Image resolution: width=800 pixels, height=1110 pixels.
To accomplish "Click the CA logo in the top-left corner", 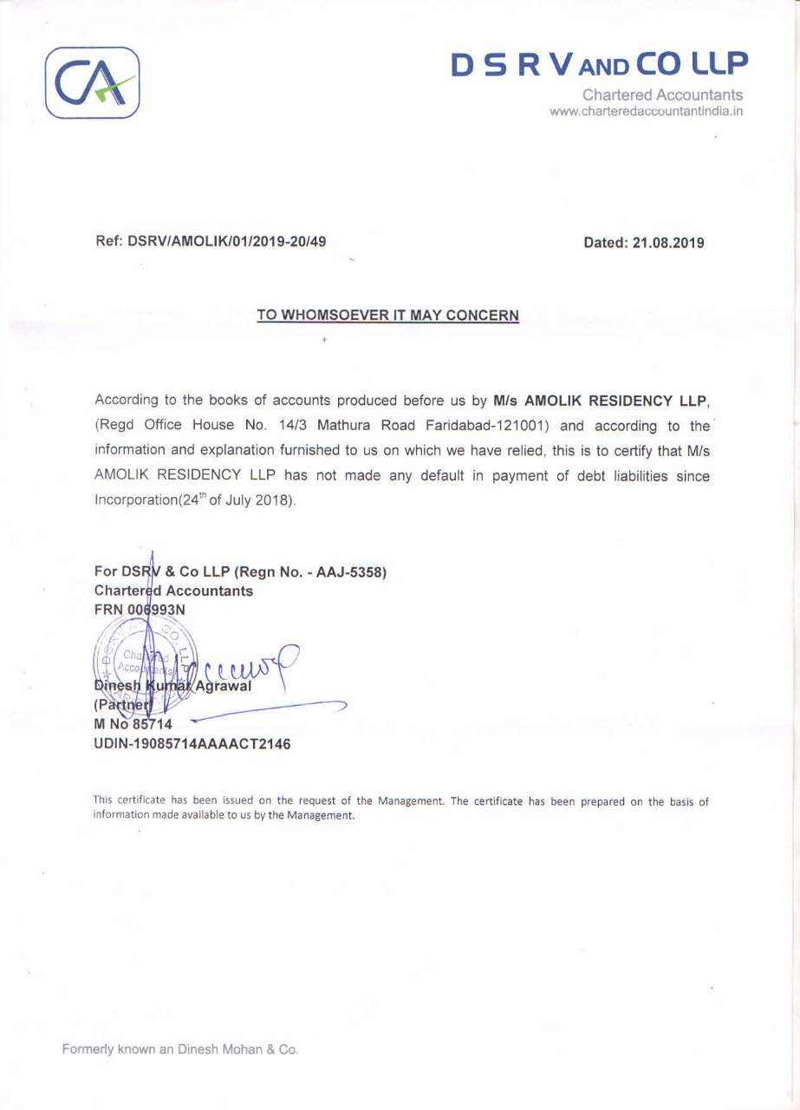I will (x=92, y=82).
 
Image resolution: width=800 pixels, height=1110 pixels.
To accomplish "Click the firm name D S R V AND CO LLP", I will (x=599, y=63).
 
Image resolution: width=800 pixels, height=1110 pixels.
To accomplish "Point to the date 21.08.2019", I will (x=668, y=243).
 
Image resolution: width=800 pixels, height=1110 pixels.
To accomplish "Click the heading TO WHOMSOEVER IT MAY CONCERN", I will (x=387, y=315).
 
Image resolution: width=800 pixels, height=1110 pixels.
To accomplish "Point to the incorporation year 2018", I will (x=275, y=502).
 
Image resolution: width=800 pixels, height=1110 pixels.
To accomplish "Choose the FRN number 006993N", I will (x=157, y=610).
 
